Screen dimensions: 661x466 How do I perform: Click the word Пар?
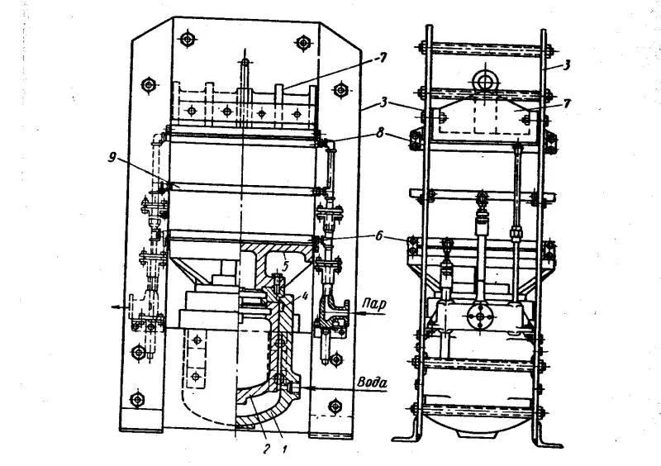click(374, 304)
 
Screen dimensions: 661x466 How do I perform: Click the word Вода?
click(372, 383)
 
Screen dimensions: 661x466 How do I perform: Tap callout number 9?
click(112, 159)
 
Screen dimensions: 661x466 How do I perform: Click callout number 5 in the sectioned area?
click(285, 266)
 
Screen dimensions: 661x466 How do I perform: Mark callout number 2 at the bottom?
click(266, 449)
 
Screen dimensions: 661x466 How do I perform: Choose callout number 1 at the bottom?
click(284, 449)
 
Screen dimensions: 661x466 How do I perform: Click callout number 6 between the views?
click(378, 235)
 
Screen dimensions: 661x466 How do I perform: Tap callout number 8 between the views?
click(380, 134)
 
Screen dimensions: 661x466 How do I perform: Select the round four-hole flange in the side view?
click(480, 316)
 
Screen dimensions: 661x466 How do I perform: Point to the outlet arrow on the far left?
click(120, 307)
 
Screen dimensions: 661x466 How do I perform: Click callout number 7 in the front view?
click(382, 59)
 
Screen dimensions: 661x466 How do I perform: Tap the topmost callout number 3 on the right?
click(568, 65)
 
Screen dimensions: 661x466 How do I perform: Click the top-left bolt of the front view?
click(187, 39)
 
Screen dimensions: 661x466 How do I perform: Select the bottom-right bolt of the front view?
click(335, 407)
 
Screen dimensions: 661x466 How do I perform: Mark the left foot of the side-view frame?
click(406, 437)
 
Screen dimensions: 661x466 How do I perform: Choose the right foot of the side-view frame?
click(549, 441)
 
